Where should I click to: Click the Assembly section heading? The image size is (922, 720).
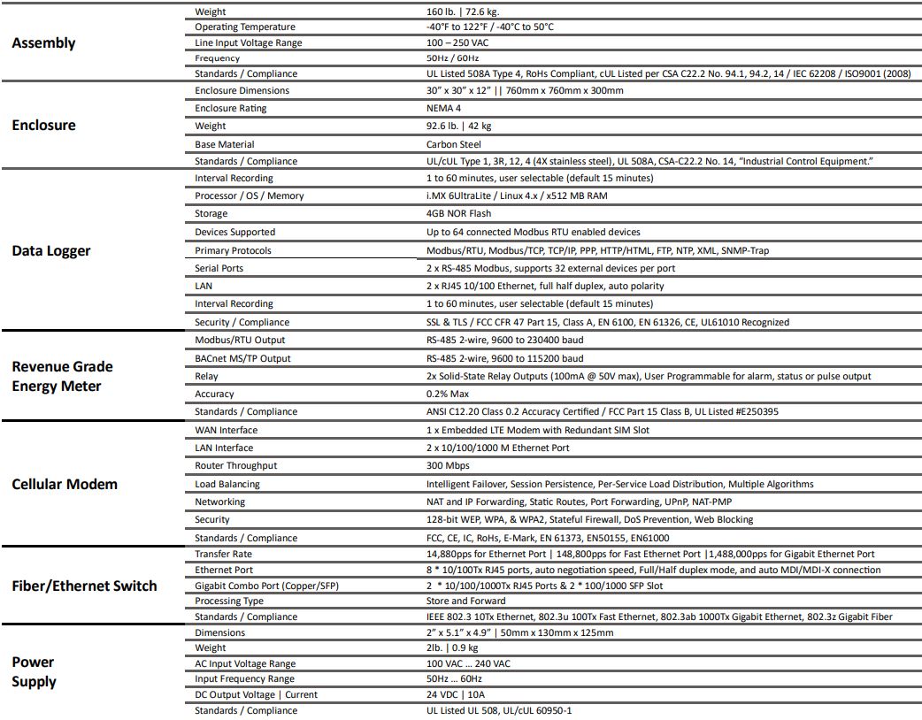[x=43, y=43]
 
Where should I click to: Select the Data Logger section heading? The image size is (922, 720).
[x=51, y=250]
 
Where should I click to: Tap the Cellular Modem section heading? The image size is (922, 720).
[x=65, y=484]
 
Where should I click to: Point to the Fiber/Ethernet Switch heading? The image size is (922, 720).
[x=84, y=586]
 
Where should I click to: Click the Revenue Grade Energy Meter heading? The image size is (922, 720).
[x=62, y=376]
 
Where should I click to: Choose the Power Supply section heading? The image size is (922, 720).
[x=34, y=671]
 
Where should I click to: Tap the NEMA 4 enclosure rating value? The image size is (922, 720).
[x=443, y=108]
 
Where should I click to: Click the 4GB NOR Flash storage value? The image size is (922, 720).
[x=459, y=213]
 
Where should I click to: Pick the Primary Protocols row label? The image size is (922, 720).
[x=234, y=250]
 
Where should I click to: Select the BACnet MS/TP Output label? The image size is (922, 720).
[x=242, y=358]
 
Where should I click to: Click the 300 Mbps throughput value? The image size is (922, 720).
[x=448, y=465]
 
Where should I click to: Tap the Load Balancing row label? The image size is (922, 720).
[x=227, y=484]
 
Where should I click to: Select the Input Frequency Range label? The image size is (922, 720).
[x=245, y=678]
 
